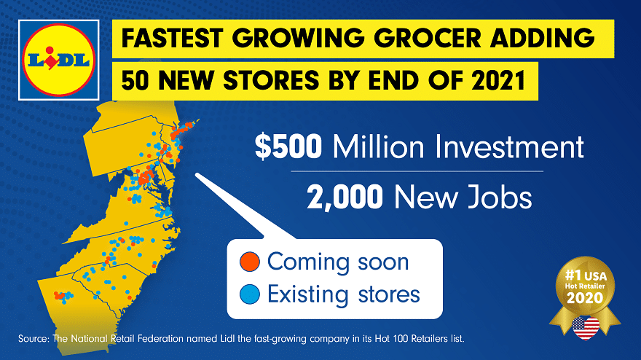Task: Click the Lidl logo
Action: [59, 60]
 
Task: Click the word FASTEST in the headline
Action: [172, 38]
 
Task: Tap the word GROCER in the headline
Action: [428, 38]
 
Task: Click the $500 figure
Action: [288, 146]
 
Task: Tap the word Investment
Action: [509, 146]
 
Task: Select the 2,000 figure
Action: [345, 197]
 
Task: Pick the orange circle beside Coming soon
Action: [250, 262]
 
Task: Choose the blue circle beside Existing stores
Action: [250, 294]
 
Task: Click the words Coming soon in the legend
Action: [338, 262]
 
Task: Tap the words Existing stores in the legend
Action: [344, 294]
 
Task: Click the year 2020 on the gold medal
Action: [585, 297]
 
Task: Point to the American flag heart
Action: [586, 328]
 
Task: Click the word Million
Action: [378, 146]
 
